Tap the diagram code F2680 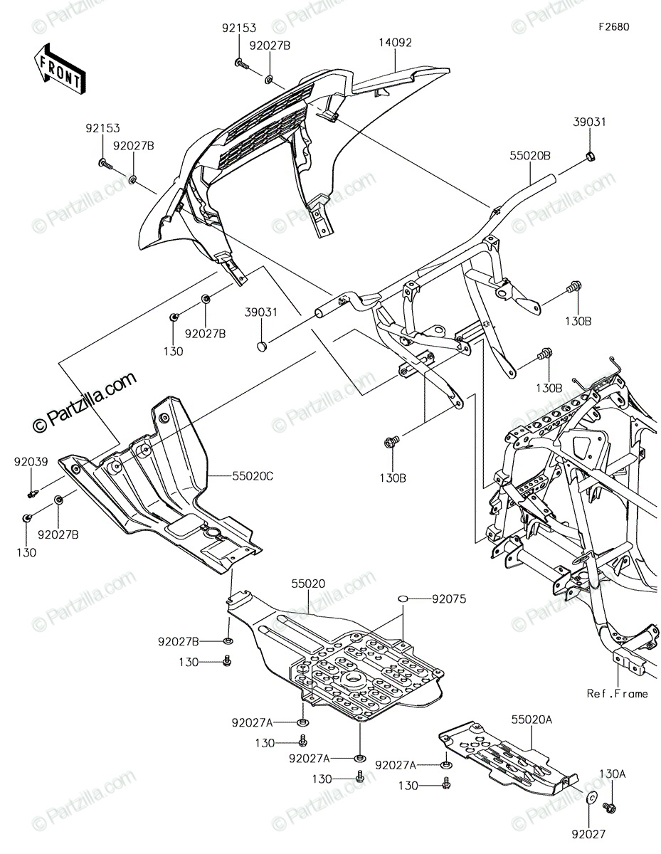(x=613, y=27)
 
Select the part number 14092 (x=395, y=43)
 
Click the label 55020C (x=253, y=476)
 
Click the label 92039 (x=31, y=461)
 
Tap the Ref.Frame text (x=617, y=694)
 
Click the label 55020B (x=530, y=156)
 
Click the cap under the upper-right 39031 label (x=590, y=156)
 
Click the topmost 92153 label (x=239, y=28)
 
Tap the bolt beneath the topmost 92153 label (x=240, y=63)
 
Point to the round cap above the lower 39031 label (x=262, y=347)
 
